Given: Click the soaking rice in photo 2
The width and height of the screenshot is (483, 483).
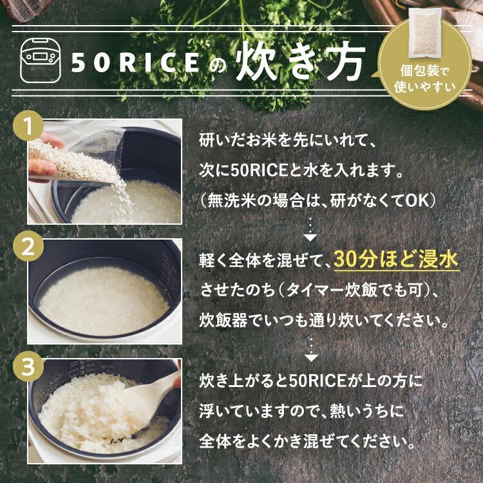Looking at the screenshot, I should pyautogui.click(x=103, y=299).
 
